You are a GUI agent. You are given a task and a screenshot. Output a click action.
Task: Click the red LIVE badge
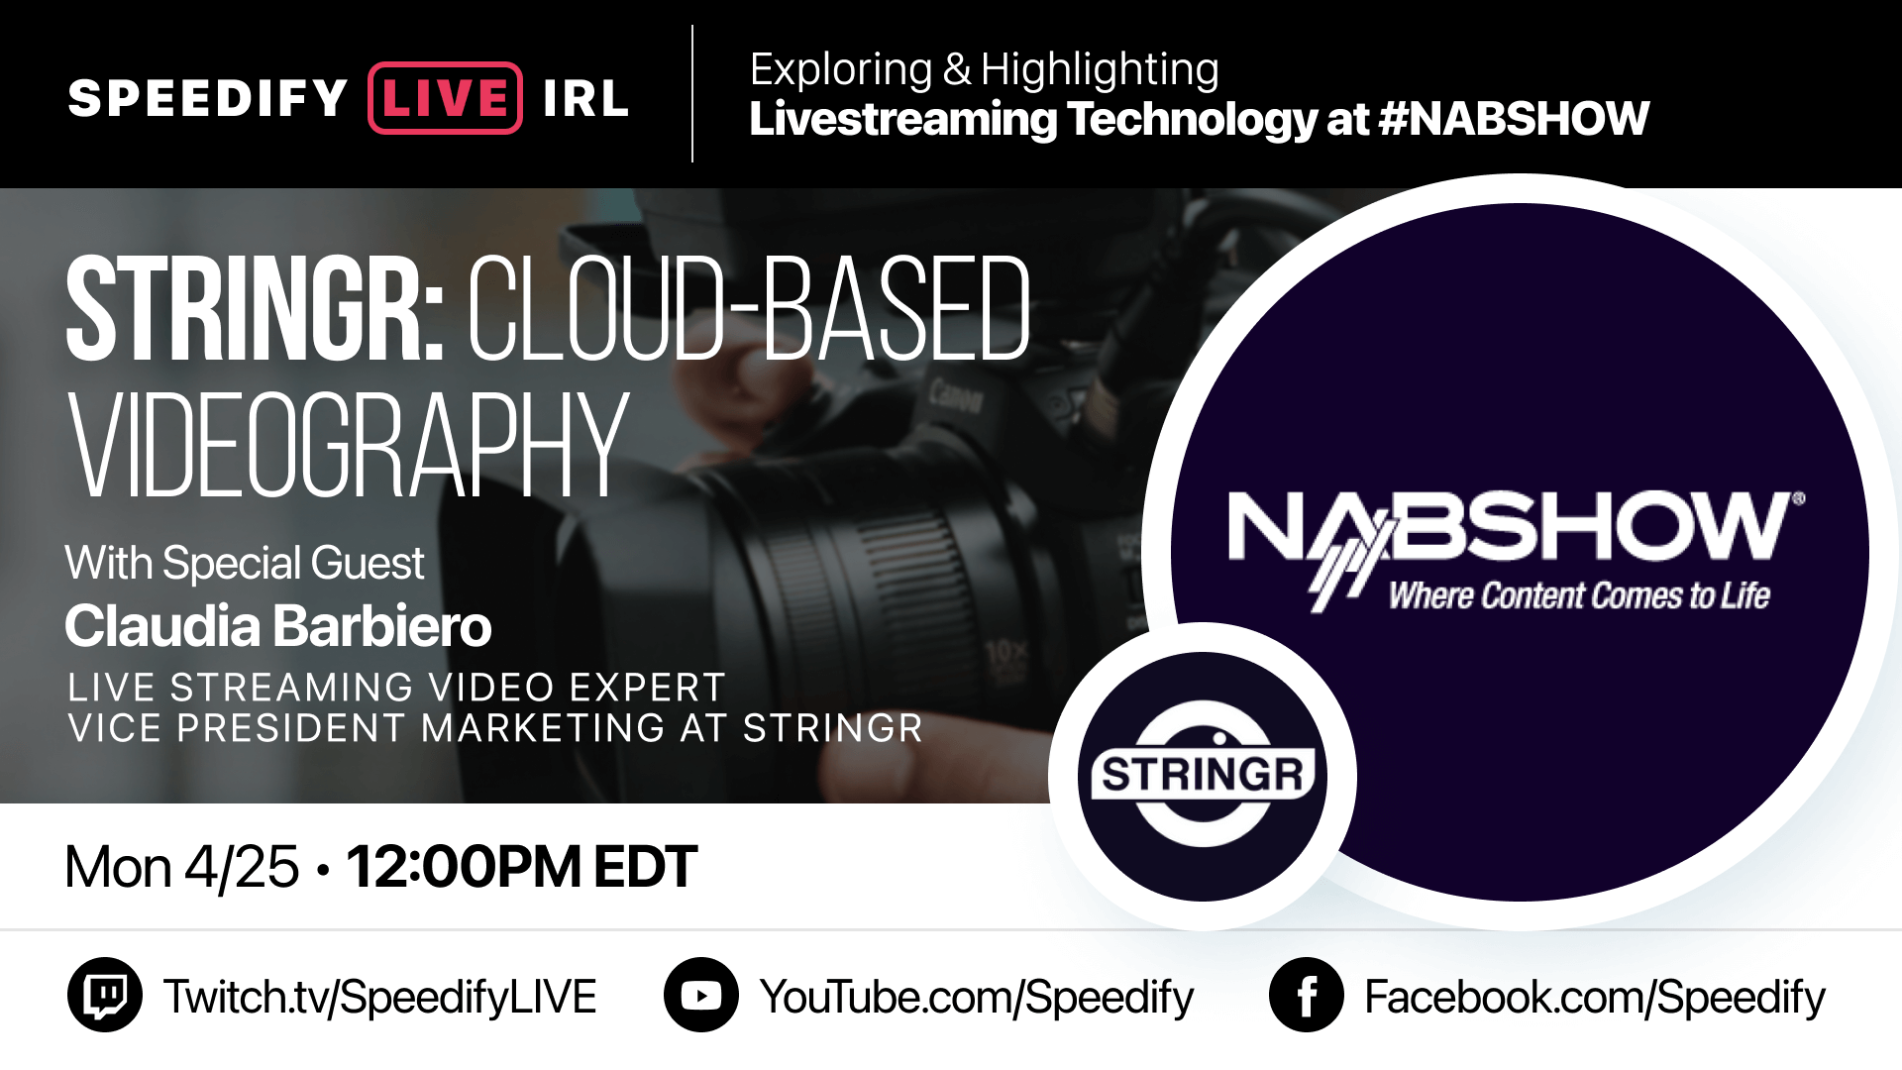coord(445,98)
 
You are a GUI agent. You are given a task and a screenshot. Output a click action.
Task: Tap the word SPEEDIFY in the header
coord(208,98)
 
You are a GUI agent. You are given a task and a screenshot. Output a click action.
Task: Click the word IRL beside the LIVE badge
coord(585,98)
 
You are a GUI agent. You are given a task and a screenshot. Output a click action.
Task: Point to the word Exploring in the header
coord(841,69)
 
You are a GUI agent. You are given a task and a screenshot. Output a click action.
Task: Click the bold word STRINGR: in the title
coord(255,308)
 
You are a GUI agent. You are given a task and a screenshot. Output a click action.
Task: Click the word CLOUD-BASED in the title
coord(749,308)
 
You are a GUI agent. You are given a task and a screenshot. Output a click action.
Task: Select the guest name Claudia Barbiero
coord(278,626)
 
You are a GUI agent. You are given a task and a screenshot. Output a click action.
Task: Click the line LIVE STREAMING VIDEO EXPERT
coord(396,688)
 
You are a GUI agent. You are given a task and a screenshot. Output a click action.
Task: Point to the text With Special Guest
coord(245,563)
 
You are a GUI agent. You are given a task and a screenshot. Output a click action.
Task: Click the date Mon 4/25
coord(182,867)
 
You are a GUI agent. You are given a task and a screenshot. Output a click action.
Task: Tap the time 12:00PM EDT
coord(522,867)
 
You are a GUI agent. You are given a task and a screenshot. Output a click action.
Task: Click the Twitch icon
coord(105,995)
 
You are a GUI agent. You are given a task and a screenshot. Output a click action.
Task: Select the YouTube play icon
coord(701,995)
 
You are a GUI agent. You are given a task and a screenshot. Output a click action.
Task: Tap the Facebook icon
coord(1307,995)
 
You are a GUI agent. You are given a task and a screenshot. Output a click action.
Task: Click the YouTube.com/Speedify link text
coord(977,997)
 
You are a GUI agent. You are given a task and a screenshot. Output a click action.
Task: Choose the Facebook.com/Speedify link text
coord(1595,997)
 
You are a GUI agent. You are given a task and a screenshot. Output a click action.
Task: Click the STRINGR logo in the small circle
coord(1203,775)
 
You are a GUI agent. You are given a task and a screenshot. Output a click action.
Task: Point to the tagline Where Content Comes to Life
coord(1579,595)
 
